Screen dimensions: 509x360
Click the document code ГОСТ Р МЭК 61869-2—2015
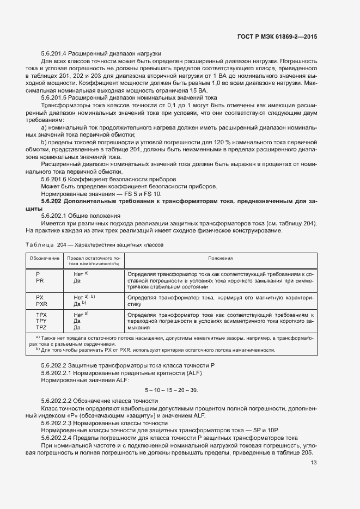click(x=277, y=36)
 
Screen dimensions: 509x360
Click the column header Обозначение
click(x=44, y=258)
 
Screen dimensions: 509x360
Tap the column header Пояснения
click(x=220, y=258)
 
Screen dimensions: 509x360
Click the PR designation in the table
click(x=40, y=280)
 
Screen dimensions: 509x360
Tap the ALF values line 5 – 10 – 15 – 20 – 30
click(x=171, y=390)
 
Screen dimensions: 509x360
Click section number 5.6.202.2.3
click(x=61, y=422)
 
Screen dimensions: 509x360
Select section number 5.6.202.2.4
click(x=61, y=437)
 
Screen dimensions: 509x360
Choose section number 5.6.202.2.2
click(x=61, y=401)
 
